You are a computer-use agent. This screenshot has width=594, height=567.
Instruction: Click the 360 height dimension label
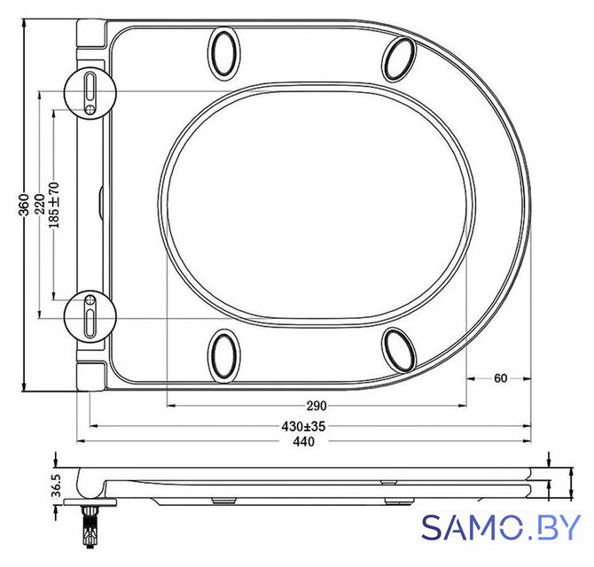(x=24, y=205)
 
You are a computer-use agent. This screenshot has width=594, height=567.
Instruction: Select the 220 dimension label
(x=40, y=204)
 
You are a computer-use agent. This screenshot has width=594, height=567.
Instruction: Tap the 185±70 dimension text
(x=55, y=205)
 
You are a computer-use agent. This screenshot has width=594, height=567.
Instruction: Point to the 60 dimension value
(x=500, y=378)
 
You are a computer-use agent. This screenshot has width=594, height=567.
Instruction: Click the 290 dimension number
(x=317, y=406)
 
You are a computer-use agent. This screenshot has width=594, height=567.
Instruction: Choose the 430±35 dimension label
(x=303, y=426)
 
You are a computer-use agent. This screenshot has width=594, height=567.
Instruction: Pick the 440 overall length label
(x=304, y=441)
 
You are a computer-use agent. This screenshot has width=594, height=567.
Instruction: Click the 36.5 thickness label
(x=56, y=485)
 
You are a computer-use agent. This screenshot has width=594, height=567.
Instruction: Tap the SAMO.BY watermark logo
(x=500, y=528)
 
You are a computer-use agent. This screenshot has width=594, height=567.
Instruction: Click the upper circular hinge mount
(x=90, y=94)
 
